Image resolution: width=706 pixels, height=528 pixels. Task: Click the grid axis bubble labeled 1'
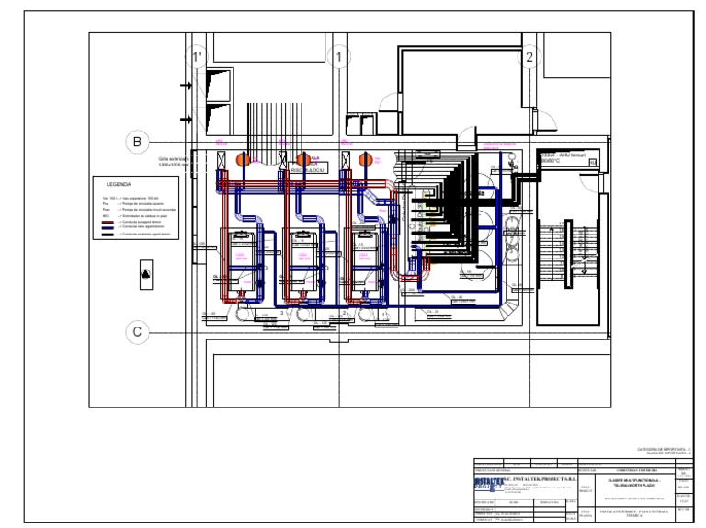pyautogui.click(x=196, y=58)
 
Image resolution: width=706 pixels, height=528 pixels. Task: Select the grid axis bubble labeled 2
pyautogui.click(x=529, y=58)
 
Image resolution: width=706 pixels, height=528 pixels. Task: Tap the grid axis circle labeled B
pyautogui.click(x=137, y=141)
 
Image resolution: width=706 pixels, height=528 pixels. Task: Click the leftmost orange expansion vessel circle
pyautogui.click(x=245, y=159)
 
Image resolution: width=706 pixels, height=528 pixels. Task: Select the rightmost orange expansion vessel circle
pyautogui.click(x=366, y=159)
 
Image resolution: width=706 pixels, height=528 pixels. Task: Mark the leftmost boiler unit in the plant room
pyautogui.click(x=245, y=255)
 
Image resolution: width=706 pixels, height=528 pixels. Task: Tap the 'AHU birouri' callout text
pyautogui.click(x=566, y=156)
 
